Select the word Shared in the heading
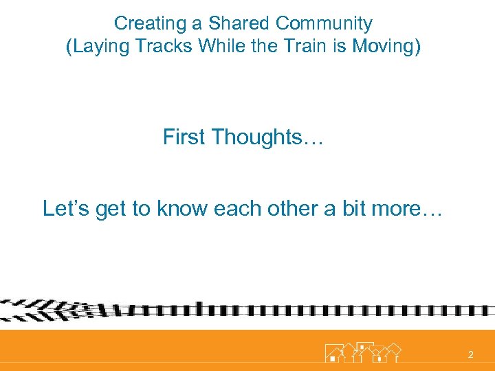[x=239, y=23]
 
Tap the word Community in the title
[x=324, y=23]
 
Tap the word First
[x=184, y=137]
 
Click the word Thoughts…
[x=268, y=137]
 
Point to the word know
[x=185, y=208]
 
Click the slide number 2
[x=470, y=355]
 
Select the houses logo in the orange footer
[x=362, y=352]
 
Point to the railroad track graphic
[x=247, y=311]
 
